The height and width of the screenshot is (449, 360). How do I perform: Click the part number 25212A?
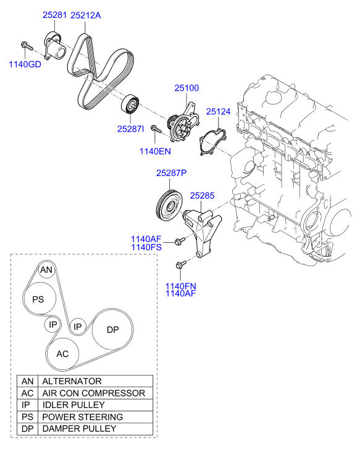click(85, 15)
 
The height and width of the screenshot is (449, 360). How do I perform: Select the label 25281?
click(54, 15)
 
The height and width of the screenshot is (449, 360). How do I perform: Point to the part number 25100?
click(186, 88)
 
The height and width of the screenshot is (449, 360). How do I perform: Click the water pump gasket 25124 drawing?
click(211, 142)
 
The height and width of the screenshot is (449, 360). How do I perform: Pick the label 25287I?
click(130, 128)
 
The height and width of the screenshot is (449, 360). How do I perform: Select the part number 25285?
click(202, 196)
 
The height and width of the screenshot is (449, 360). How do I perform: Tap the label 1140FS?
click(146, 248)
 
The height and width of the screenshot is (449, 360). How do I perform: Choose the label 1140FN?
click(180, 286)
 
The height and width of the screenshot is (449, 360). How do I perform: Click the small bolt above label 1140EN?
click(156, 130)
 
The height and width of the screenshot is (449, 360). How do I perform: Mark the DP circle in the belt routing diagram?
click(112, 330)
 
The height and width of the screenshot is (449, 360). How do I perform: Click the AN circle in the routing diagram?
click(46, 270)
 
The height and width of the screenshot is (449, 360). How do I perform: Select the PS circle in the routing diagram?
click(38, 299)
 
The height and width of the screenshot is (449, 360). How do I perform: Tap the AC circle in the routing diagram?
click(62, 354)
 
